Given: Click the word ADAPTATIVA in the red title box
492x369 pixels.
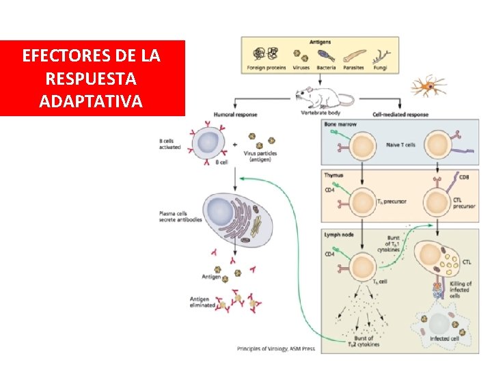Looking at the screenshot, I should (92, 102).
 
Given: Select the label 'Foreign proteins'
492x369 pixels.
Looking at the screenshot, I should (266, 68).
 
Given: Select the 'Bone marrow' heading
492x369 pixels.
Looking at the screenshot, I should (339, 124).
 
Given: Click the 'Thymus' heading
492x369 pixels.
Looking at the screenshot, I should (333, 176).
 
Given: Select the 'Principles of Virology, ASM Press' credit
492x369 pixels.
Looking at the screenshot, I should (275, 348).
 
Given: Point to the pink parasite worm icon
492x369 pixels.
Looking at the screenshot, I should (355, 55).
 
